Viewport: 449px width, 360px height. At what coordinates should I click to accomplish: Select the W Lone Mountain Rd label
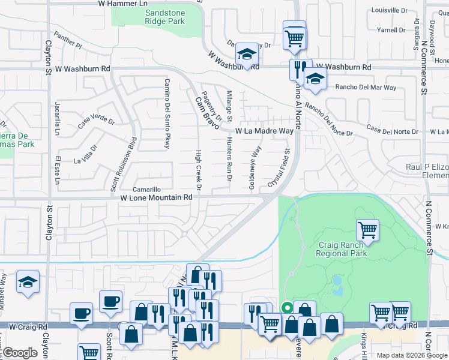(156, 197)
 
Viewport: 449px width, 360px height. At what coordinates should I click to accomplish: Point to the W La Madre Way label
(264, 130)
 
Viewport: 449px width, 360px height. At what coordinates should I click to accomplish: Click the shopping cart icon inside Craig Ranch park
(367, 229)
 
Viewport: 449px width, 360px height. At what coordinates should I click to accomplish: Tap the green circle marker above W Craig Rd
(287, 308)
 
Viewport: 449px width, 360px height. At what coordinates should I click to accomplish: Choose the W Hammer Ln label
(122, 4)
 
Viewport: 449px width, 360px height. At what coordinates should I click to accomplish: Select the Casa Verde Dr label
(96, 121)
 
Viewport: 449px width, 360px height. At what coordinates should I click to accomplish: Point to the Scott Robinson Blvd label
(124, 165)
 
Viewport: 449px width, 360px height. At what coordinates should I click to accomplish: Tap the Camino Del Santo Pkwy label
(167, 113)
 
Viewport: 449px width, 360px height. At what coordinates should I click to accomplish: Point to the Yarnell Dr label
(393, 29)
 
